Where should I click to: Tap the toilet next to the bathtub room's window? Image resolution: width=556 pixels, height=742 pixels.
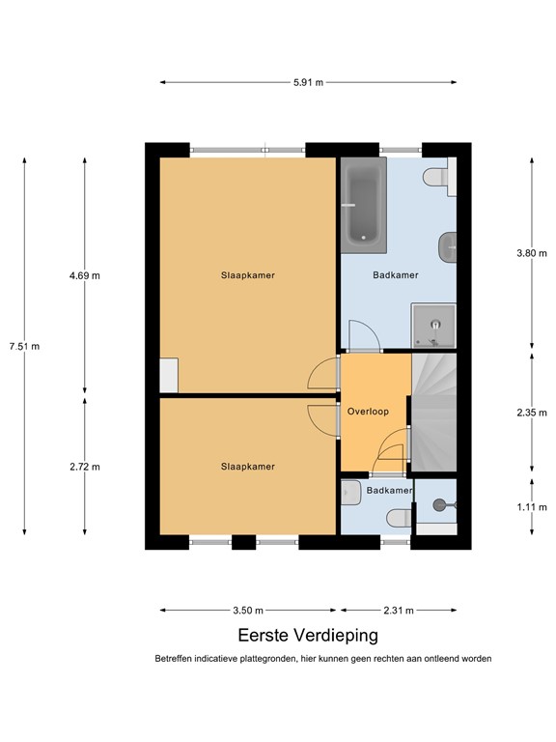coord(436,178)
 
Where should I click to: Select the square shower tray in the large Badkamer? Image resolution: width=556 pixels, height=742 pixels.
coord(432,325)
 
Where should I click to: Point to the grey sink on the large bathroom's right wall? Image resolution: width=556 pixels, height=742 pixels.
coord(446,247)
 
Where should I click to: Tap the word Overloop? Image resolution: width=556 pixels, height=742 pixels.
coord(368,412)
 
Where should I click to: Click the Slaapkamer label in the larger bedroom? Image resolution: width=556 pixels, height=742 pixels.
coord(248,275)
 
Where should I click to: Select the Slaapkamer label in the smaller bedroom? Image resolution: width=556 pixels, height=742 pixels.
coord(248,467)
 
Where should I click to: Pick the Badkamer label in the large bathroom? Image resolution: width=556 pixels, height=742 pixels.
coord(396,275)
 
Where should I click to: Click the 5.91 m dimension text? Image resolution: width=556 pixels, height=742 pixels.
coord(308,82)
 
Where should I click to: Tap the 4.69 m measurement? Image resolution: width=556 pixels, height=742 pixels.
coord(85,275)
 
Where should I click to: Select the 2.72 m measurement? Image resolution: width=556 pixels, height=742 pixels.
coord(85,467)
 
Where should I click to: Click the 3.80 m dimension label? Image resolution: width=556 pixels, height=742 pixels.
coord(532,253)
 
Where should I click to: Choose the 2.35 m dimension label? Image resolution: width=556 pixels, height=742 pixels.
coord(532,413)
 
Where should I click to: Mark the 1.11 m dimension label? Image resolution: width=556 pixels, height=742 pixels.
coord(532,505)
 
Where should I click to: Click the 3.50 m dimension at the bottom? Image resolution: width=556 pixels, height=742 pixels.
coord(248,611)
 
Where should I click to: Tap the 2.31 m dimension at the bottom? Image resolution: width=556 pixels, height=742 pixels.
coord(398,611)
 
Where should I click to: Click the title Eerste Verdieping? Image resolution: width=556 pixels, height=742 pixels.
coord(308,636)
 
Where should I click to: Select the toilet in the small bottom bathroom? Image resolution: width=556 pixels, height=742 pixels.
coord(397,521)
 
